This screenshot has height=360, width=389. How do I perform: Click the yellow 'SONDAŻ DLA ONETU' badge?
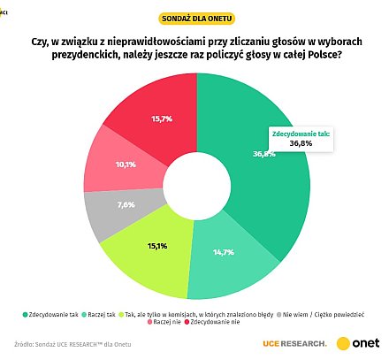(x=195, y=18)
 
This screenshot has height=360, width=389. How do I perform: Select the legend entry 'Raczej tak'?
(x=108, y=313)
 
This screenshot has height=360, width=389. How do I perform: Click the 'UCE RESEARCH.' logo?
(x=294, y=342)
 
